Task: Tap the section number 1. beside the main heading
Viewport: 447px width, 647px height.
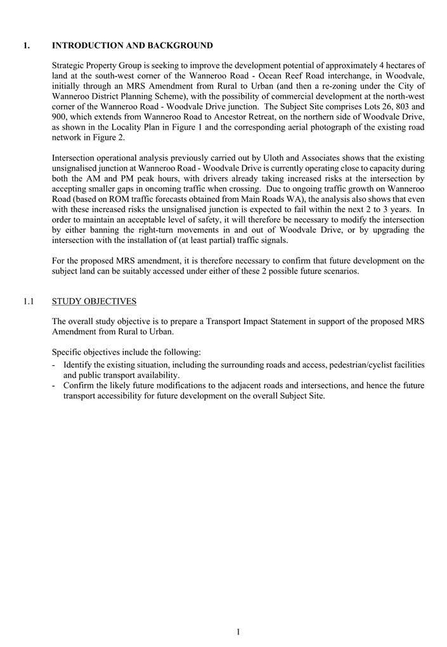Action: click(26, 46)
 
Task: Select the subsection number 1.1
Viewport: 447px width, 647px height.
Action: click(28, 301)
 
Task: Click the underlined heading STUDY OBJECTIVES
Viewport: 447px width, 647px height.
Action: click(94, 301)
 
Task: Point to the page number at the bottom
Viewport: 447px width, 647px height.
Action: click(238, 631)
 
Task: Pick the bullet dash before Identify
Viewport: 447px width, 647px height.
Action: click(55, 365)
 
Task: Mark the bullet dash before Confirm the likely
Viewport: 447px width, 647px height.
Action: click(55, 386)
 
